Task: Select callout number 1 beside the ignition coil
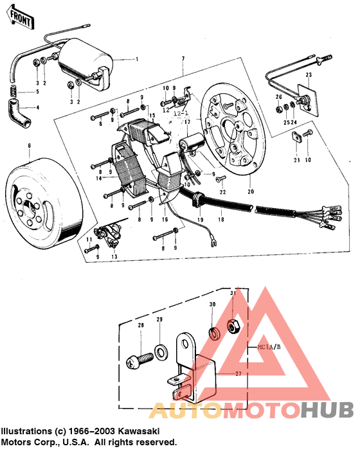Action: (136, 60)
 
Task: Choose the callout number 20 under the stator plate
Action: (249, 192)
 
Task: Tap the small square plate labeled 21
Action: (296, 136)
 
